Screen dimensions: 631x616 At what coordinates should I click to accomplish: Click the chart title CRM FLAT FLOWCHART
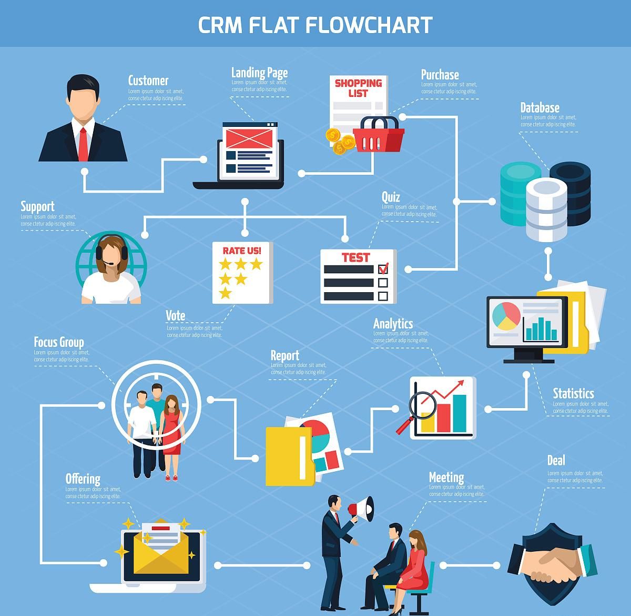point(315,25)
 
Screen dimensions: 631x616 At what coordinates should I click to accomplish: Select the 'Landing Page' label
point(259,73)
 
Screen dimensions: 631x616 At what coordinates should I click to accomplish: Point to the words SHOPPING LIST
point(358,88)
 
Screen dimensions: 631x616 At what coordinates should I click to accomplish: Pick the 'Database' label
point(540,108)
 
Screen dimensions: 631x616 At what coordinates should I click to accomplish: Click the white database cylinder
point(547,209)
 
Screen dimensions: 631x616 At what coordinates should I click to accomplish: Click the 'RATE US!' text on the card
point(242,251)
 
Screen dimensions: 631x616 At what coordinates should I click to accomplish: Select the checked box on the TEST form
point(383,269)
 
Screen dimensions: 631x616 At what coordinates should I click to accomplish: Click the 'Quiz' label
point(391,197)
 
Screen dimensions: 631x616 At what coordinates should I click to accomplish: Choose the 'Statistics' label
point(573,394)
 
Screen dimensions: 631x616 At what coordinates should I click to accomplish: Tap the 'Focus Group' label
point(59,342)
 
